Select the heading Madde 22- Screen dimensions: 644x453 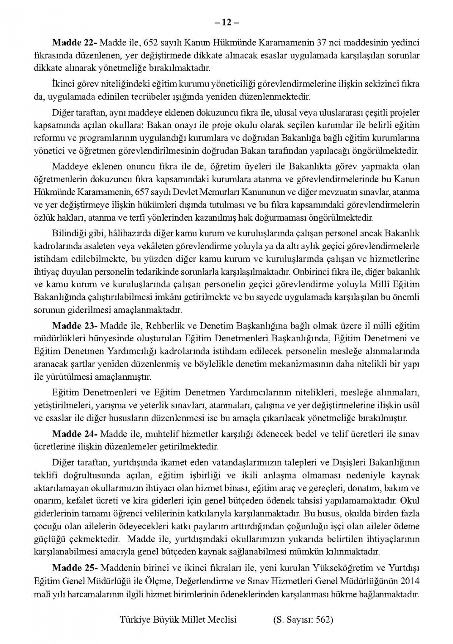(x=75, y=43)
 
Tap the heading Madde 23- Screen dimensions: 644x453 (x=75, y=326)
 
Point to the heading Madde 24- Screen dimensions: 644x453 (x=75, y=434)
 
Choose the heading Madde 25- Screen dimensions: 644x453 (x=75, y=568)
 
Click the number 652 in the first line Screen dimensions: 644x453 (x=150, y=43)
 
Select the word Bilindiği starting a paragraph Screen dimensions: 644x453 (x=67, y=233)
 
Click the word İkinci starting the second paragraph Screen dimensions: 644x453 (x=63, y=84)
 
